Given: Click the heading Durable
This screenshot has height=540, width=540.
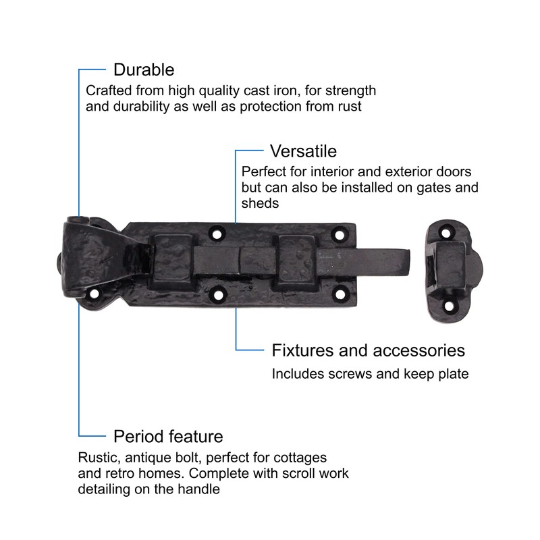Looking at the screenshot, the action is (144, 70).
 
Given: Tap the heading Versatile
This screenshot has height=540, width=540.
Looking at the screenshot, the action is (303, 150).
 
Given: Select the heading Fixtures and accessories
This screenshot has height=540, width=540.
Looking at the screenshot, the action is (368, 350).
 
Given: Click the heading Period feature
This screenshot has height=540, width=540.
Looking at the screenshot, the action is (168, 435).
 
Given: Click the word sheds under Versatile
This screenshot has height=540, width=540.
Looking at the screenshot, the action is (259, 203).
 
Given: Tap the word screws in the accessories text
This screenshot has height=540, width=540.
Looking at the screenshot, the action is (356, 373).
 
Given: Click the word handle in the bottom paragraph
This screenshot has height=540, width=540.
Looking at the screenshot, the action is (201, 489).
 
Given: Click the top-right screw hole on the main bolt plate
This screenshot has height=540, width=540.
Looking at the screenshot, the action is (340, 234).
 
